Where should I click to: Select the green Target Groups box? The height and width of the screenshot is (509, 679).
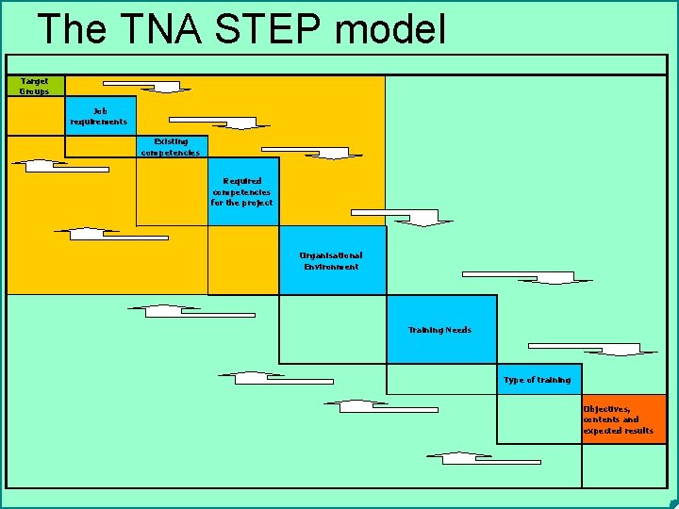tap(36, 86)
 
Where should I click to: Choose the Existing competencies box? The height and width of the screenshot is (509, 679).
tap(171, 147)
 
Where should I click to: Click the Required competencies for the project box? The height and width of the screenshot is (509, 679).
tap(243, 191)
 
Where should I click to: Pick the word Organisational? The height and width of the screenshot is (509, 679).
tap(331, 255)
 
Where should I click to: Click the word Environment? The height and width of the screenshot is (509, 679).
tap(331, 267)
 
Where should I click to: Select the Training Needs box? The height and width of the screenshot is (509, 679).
tap(440, 330)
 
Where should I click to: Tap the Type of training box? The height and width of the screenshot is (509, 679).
tap(538, 380)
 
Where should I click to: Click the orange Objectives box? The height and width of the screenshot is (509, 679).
tap(623, 419)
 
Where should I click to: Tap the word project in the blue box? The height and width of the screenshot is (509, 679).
tap(256, 203)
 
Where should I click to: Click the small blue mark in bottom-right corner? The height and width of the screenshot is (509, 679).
tap(671, 502)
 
